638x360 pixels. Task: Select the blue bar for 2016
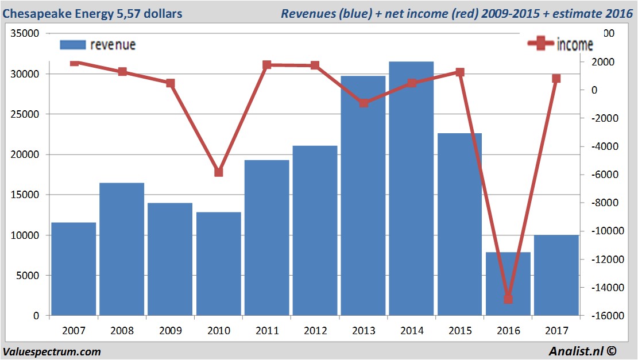[x=508, y=284]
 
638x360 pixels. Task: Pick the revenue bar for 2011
[x=267, y=238]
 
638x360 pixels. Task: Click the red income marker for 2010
[x=219, y=172]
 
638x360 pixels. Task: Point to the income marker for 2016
[x=508, y=299]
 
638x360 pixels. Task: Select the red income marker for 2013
[x=364, y=103]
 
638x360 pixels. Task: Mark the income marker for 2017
[x=556, y=78]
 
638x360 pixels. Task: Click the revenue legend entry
[x=98, y=45]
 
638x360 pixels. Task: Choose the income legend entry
[x=560, y=45]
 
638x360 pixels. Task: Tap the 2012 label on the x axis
[x=315, y=331]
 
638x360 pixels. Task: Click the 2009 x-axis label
[x=171, y=331]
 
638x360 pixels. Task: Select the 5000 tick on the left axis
[x=28, y=276]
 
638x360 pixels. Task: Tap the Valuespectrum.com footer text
[x=52, y=351]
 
